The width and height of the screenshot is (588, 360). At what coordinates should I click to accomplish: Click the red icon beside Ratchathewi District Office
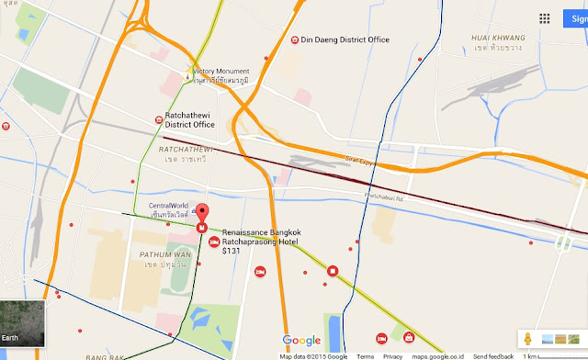pyautogui.click(x=158, y=118)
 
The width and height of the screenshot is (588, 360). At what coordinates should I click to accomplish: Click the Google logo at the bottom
pyautogui.click(x=301, y=341)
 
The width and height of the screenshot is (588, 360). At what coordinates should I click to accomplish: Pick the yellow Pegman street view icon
pyautogui.click(x=529, y=339)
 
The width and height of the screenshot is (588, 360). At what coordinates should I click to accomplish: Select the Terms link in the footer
pyautogui.click(x=365, y=355)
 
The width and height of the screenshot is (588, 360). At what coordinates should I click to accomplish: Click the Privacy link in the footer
pyautogui.click(x=392, y=355)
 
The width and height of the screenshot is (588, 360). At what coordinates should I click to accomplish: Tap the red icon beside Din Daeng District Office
pyautogui.click(x=294, y=39)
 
